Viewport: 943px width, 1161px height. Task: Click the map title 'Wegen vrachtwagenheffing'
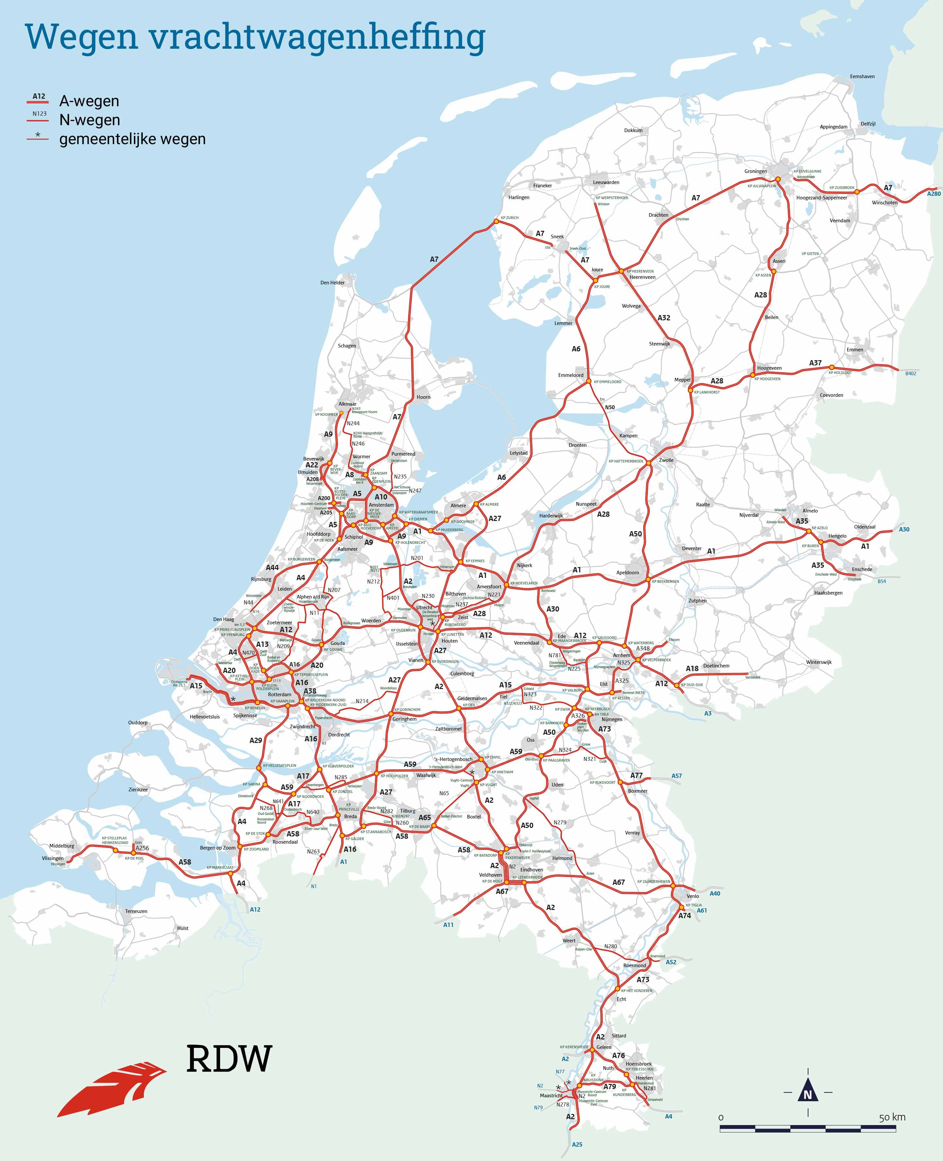[255, 37]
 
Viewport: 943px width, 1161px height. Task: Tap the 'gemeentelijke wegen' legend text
[132, 139]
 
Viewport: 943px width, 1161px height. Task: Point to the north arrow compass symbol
[807, 1092]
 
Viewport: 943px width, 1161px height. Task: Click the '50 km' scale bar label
[892, 1117]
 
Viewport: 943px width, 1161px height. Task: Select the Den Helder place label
[332, 282]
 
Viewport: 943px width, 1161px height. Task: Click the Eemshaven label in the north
[862, 76]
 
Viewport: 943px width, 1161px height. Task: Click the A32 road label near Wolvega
[664, 318]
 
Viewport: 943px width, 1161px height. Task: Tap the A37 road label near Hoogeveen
[815, 363]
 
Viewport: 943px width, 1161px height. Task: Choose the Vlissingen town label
[53, 858]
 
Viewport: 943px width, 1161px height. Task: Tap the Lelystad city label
[518, 453]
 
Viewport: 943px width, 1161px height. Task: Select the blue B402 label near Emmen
[910, 373]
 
